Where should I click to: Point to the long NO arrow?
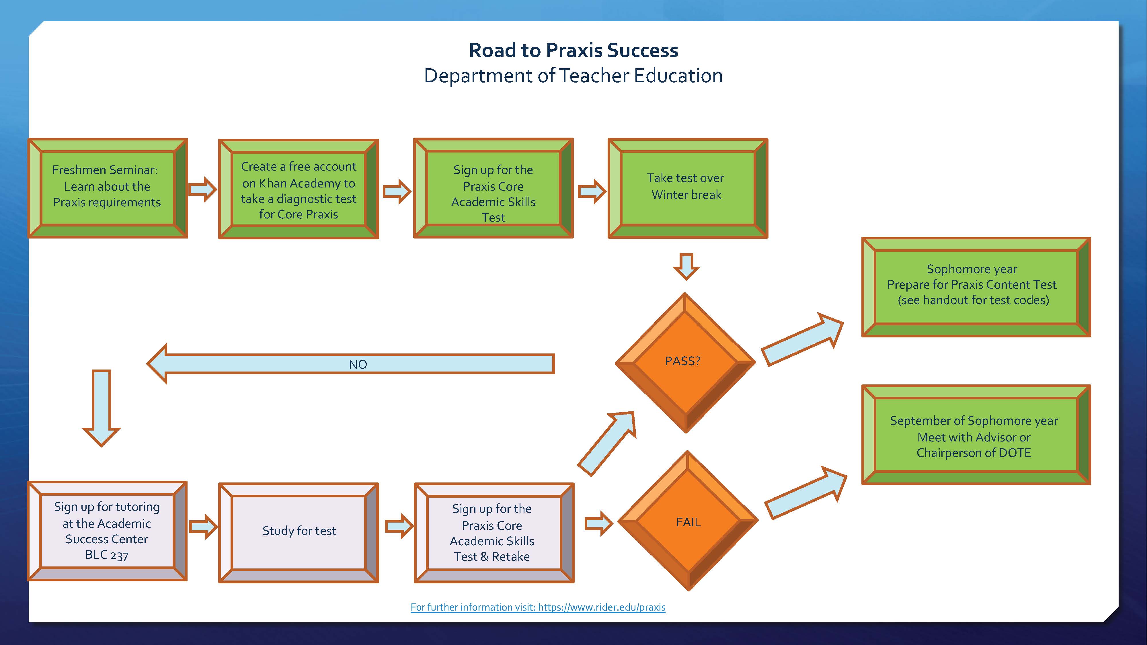coord(352,364)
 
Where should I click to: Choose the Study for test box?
coord(298,532)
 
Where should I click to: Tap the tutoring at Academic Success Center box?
coord(107,531)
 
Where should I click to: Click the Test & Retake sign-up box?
coord(493,532)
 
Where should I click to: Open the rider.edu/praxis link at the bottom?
coord(538,607)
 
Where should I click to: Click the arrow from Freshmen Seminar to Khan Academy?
coord(203,189)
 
